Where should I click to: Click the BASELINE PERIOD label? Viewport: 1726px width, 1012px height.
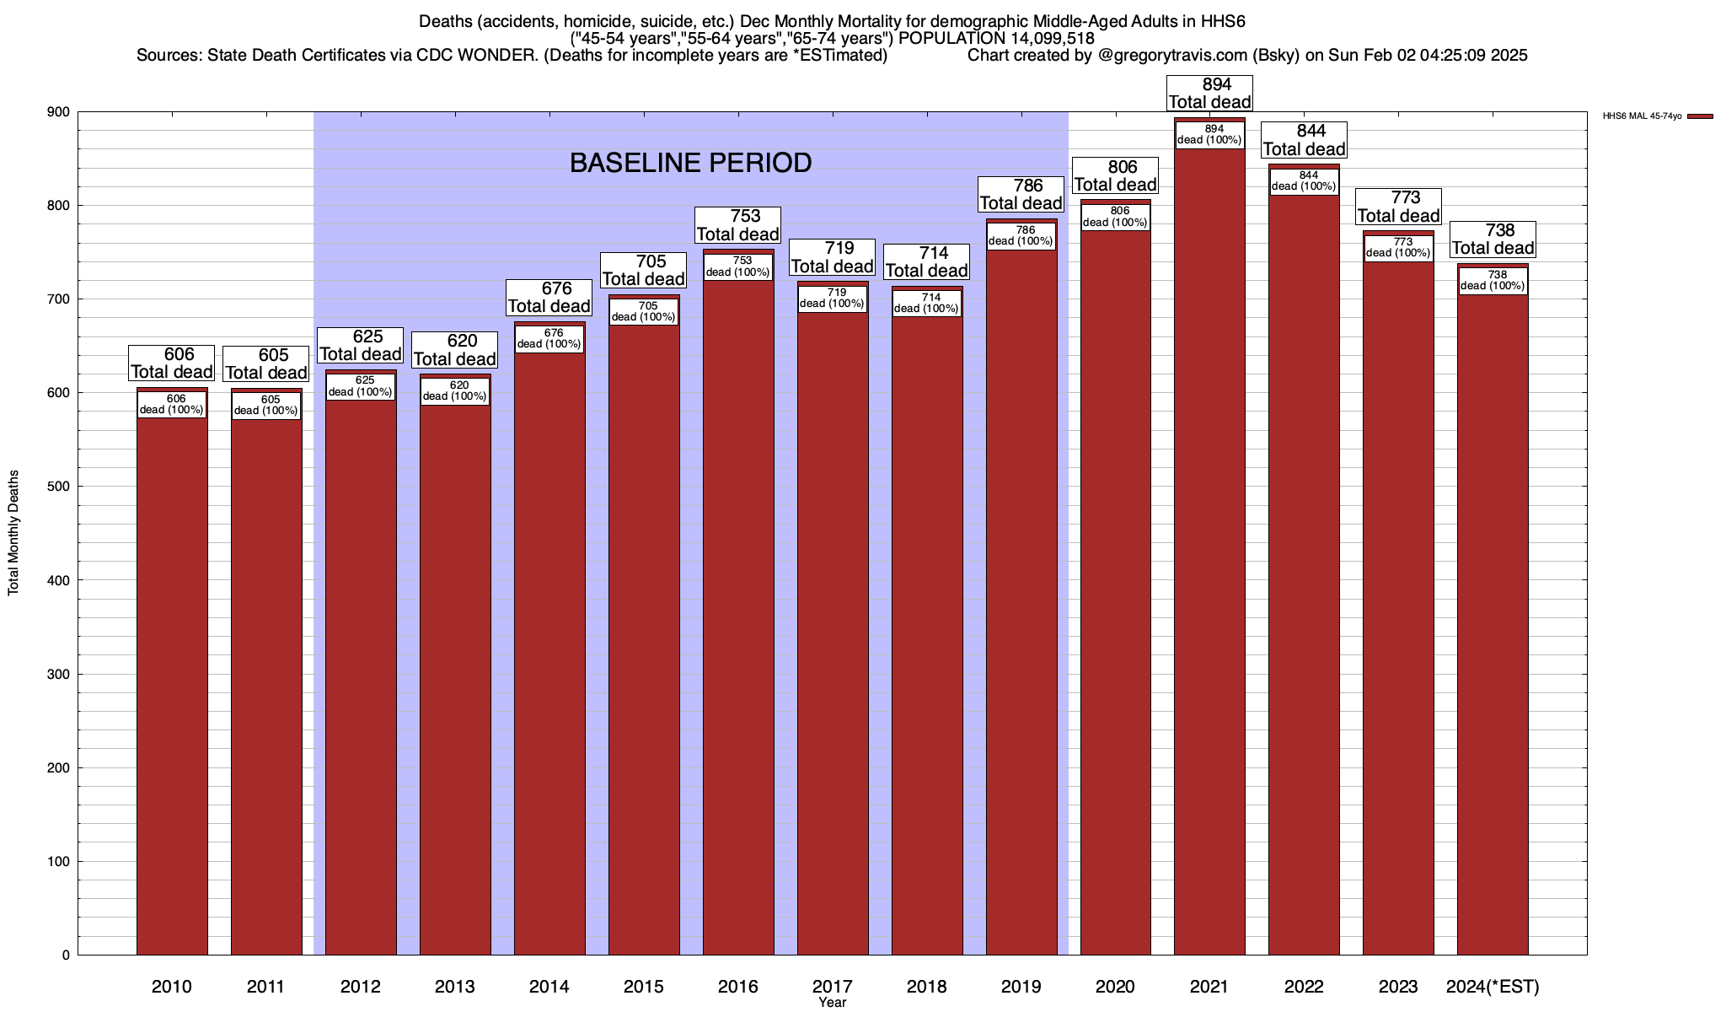[x=690, y=163]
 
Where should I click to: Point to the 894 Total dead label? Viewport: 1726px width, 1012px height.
[x=1210, y=94]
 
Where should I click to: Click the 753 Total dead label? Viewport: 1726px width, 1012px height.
[x=738, y=225]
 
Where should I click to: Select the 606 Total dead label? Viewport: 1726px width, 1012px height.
[x=172, y=363]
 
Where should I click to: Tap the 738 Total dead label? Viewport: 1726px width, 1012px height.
[x=1493, y=240]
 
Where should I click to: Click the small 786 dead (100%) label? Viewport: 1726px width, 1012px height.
[x=1021, y=236]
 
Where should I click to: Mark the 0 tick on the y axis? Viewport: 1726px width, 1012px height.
[x=65, y=955]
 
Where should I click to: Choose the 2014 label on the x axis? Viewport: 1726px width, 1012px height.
[x=549, y=986]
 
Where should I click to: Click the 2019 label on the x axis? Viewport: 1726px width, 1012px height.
[x=1021, y=986]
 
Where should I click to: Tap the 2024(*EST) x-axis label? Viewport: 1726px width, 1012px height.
[x=1493, y=986]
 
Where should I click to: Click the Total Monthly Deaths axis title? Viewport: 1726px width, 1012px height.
[x=13, y=533]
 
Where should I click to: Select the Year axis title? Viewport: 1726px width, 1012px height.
[x=832, y=1003]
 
